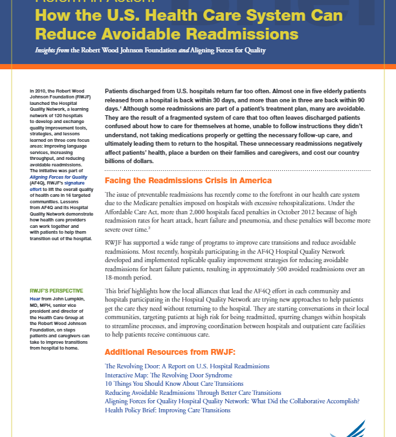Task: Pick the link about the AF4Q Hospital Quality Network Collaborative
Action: (x=232, y=401)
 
